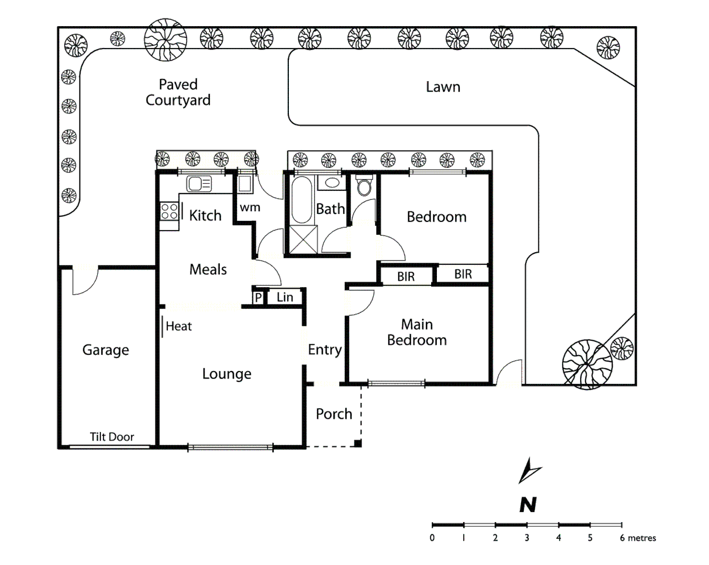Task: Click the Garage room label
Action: pyautogui.click(x=106, y=350)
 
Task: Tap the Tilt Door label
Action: pyautogui.click(x=111, y=437)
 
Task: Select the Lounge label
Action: pyautogui.click(x=227, y=374)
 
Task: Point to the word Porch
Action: pyautogui.click(x=334, y=414)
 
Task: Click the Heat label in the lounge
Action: pyautogui.click(x=178, y=326)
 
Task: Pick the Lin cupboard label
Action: pyautogui.click(x=285, y=297)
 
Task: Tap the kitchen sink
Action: pyautogui.click(x=199, y=184)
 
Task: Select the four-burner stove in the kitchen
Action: pyautogui.click(x=169, y=211)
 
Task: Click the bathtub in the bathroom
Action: pyautogui.click(x=301, y=200)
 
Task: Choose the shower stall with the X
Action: pyautogui.click(x=303, y=239)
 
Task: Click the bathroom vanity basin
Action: pyautogui.click(x=331, y=183)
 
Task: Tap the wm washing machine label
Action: pyautogui.click(x=250, y=208)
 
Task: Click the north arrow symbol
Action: pyautogui.click(x=529, y=470)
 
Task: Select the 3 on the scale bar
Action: pyautogui.click(x=527, y=538)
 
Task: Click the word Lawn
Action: pyautogui.click(x=443, y=87)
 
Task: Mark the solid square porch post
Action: pyautogui.click(x=358, y=444)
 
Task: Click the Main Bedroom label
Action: pyautogui.click(x=417, y=332)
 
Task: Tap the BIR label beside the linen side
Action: pyautogui.click(x=406, y=277)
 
